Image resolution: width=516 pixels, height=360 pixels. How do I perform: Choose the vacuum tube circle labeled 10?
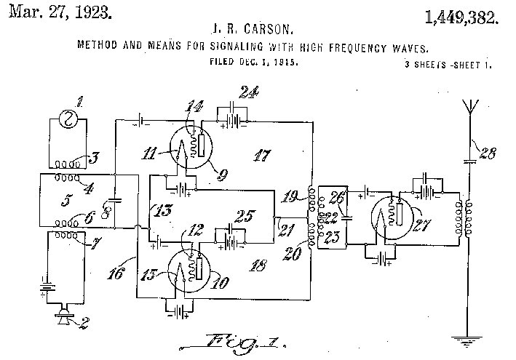pos(188,268)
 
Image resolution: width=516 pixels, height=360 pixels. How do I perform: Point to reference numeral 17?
pos(258,156)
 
